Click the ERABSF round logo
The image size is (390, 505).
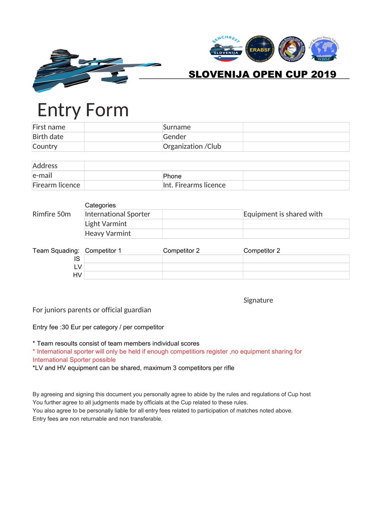[260, 49]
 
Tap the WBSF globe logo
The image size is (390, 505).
[324, 49]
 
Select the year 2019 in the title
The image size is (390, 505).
[323, 74]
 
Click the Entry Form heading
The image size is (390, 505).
[83, 110]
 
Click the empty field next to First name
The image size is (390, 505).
[123, 127]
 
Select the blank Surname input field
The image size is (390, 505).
[296, 127]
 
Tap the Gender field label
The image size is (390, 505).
[174, 137]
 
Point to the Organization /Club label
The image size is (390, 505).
[192, 146]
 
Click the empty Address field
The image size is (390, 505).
[216, 166]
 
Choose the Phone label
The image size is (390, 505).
[172, 176]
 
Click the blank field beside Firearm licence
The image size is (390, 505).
[123, 185]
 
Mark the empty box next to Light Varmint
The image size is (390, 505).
[202, 224]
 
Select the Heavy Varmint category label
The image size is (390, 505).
[108, 234]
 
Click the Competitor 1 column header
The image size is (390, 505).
[103, 251]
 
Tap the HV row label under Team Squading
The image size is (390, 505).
[77, 275]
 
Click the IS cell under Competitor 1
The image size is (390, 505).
[123, 259]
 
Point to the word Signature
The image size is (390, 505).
[258, 300]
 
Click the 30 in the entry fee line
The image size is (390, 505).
[65, 327]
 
